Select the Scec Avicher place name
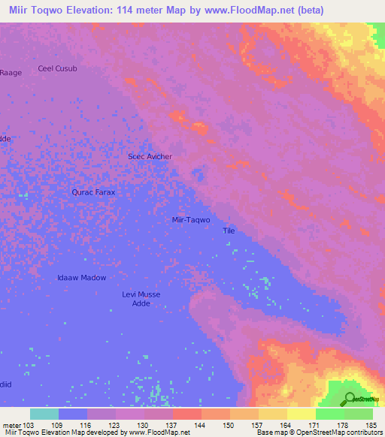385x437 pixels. coord(150,156)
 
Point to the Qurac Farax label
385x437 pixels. coord(93,192)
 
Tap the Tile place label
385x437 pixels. coord(229,231)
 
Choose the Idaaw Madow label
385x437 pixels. coord(82,278)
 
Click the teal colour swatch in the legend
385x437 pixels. coord(44,414)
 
